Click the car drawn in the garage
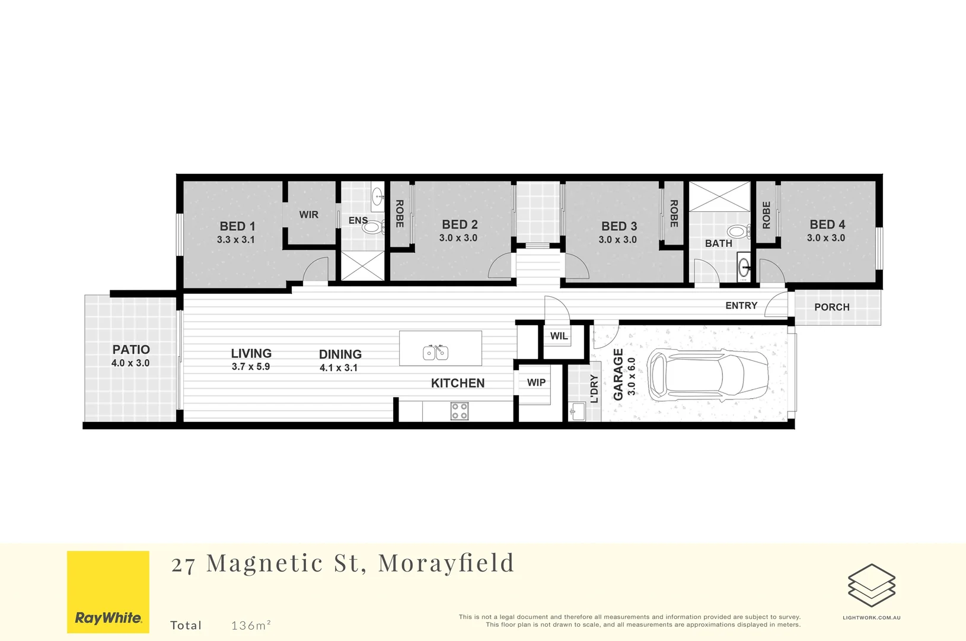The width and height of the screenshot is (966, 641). coord(709,375)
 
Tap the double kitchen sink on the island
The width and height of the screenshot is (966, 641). coord(435,353)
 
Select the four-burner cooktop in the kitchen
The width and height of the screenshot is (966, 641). coord(459,411)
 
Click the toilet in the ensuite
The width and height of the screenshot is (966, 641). coord(372,227)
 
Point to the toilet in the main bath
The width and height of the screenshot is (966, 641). coord(737,232)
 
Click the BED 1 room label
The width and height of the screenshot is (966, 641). coord(237,226)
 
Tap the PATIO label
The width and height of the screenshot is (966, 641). coord(131,350)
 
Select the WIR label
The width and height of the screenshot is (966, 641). coord(308,214)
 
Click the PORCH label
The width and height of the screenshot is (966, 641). coord(831,307)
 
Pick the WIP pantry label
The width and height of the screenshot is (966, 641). coord(536,383)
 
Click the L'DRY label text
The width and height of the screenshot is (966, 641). coord(594,389)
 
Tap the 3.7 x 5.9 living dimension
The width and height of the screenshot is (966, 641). coord(250,367)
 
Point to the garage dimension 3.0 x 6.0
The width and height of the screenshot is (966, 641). coord(632,376)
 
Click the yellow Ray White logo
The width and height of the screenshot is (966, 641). coord(108,592)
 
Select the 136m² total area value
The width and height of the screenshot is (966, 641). coord(251,625)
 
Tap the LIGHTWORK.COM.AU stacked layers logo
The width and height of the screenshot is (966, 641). coord(871,585)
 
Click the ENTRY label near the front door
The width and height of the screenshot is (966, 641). coord(741,305)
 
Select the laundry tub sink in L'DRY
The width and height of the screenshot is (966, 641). coord(577,411)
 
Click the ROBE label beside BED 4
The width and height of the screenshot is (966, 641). coord(766,215)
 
